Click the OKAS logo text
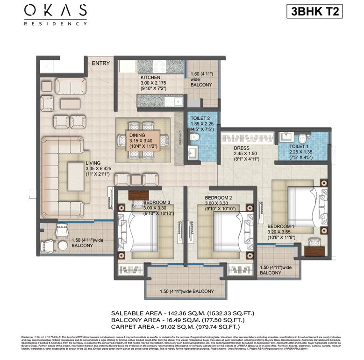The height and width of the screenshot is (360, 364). (x=56, y=10)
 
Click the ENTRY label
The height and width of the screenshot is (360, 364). (x=101, y=63)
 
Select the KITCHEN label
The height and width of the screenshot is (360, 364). (x=150, y=77)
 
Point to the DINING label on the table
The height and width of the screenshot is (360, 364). (x=137, y=136)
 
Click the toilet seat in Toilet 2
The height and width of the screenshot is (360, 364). (x=195, y=137)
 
